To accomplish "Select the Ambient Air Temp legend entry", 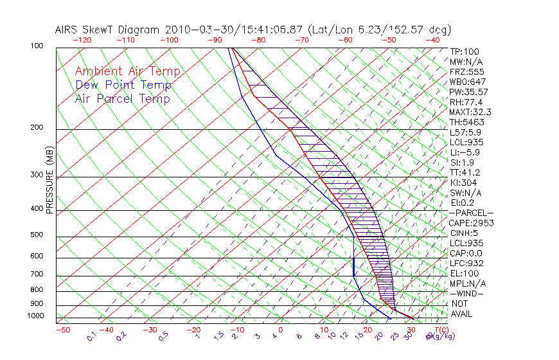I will click(127, 71).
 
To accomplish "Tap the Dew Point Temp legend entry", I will click(123, 85).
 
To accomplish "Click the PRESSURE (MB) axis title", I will click(49, 179).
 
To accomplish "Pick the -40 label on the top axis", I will click(432, 40).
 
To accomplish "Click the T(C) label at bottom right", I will click(436, 330).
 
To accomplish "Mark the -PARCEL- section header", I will click(472, 213).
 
